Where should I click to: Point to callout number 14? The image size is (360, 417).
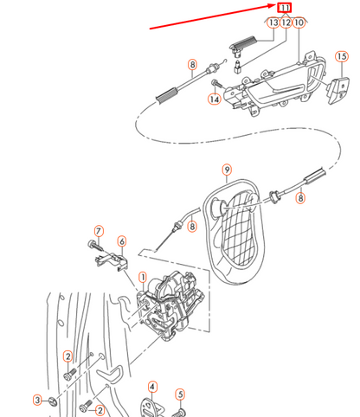pos(214,99)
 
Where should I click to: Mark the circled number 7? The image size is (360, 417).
pos(99,231)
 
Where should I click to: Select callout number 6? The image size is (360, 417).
pos(121,241)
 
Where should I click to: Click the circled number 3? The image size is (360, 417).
pos(37,399)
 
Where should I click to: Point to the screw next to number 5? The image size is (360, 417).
pos(180,411)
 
